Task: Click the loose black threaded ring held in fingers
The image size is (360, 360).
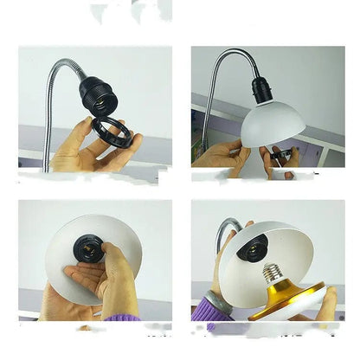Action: pyautogui.click(x=112, y=136)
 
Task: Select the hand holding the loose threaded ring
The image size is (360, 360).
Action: pyautogui.click(x=82, y=151)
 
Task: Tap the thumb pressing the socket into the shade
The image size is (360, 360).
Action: pyautogui.click(x=111, y=260)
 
